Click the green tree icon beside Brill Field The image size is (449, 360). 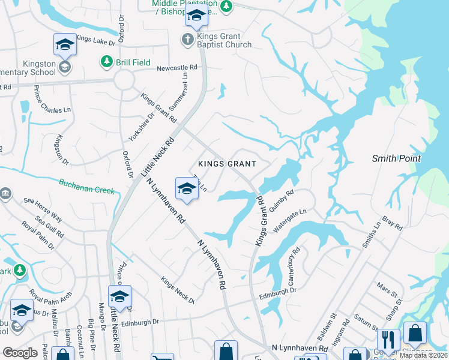106,61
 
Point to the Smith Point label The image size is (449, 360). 397,159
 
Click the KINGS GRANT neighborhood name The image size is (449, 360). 228,164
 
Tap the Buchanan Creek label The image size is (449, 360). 86,186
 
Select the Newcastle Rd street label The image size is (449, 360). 177,68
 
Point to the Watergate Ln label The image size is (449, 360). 291,220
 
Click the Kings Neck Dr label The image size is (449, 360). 178,290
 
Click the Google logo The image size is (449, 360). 20,352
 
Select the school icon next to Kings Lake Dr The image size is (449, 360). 65,45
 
